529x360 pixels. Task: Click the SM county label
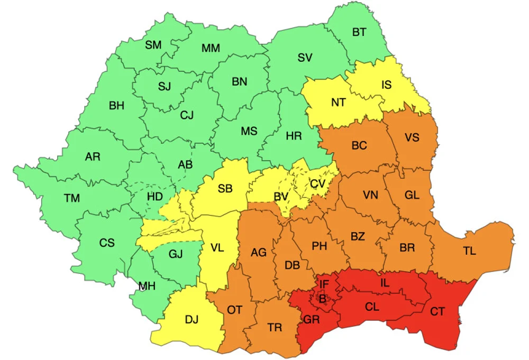click(x=153, y=45)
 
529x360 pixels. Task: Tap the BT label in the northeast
click(x=359, y=32)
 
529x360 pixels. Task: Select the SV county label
click(x=305, y=58)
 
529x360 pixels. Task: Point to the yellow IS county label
click(x=387, y=85)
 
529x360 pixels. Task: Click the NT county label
click(x=339, y=103)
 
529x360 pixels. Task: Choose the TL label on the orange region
click(x=469, y=251)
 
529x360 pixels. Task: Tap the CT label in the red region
click(x=437, y=312)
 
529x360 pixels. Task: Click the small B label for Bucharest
click(x=322, y=299)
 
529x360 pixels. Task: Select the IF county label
click(x=324, y=285)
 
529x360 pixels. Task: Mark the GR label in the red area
click(x=311, y=319)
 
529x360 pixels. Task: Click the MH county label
click(x=147, y=286)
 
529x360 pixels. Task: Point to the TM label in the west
click(x=72, y=198)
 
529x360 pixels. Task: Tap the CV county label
click(x=317, y=183)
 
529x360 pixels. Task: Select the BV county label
click(x=281, y=197)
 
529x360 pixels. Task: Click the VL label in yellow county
click(x=217, y=247)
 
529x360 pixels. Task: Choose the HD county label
click(x=154, y=197)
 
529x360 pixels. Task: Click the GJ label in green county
click(x=176, y=254)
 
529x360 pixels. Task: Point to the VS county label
click(x=412, y=137)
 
